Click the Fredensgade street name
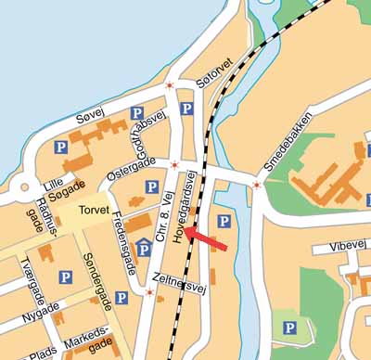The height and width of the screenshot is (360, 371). (x=124, y=247)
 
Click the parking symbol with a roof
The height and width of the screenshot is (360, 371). (x=144, y=248)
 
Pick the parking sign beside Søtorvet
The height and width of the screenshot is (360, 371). (x=186, y=109)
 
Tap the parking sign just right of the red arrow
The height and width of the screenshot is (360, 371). (x=224, y=221)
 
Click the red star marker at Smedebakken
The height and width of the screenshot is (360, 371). (x=256, y=184)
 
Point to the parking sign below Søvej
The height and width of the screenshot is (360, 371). (x=61, y=147)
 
